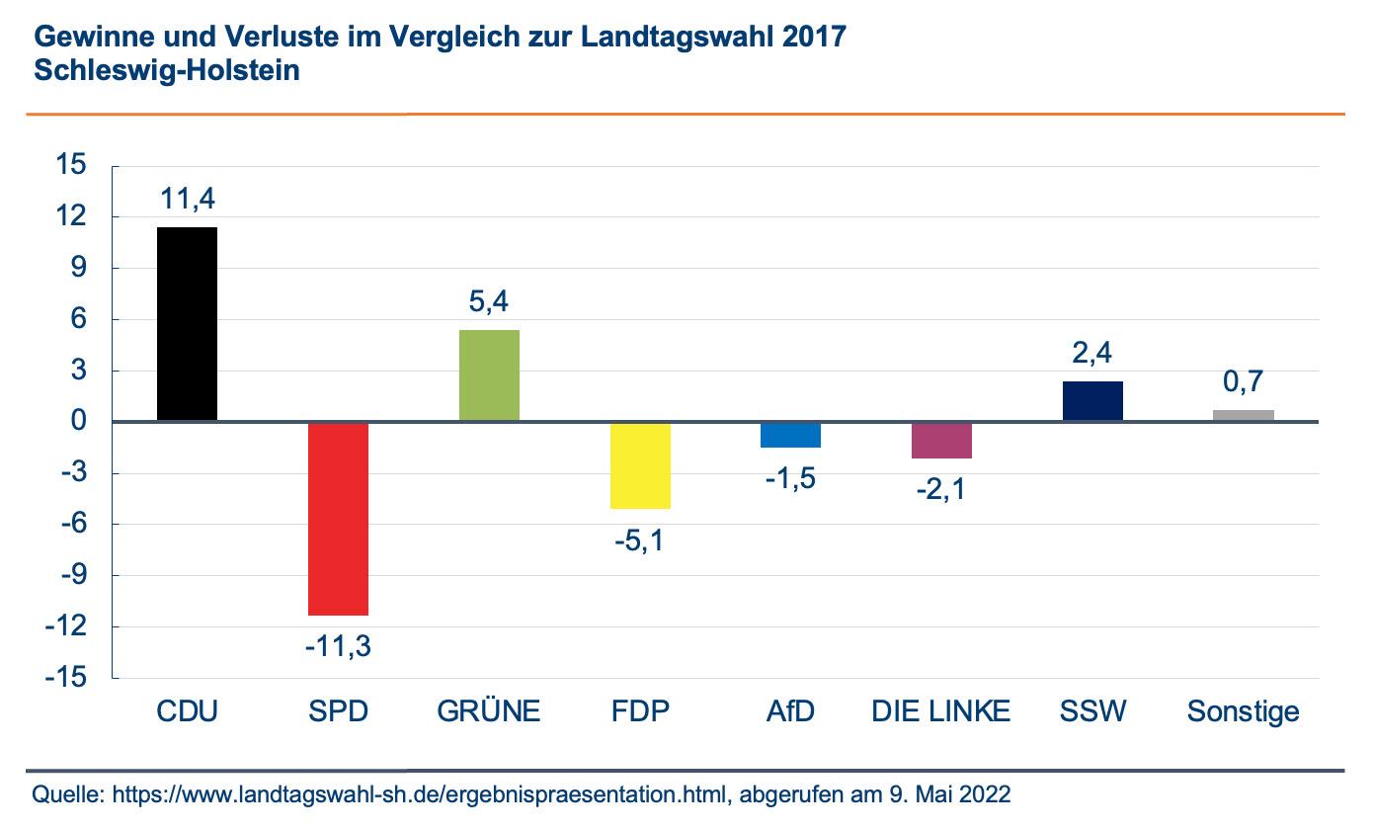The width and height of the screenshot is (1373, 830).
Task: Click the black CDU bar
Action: click(188, 324)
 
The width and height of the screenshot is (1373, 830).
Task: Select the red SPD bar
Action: click(338, 519)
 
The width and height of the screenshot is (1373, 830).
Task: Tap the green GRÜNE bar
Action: click(489, 375)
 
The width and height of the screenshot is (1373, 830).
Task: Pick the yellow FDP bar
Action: click(640, 465)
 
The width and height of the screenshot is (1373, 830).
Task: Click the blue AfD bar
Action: click(791, 436)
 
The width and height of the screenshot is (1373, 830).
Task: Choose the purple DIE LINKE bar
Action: click(941, 441)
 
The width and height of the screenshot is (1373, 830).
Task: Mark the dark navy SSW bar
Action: click(1092, 401)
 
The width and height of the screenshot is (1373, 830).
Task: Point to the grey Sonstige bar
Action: click(1244, 416)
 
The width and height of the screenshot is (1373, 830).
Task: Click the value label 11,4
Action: click(187, 200)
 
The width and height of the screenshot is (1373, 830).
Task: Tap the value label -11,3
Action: click(338, 646)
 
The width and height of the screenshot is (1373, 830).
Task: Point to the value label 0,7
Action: click(1243, 381)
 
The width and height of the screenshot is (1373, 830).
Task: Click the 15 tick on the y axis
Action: click(72, 165)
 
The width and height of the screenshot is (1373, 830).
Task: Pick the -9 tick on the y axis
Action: click(72, 575)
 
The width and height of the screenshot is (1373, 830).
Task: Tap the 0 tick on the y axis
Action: click(80, 422)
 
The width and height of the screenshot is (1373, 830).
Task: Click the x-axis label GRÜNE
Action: click(489, 711)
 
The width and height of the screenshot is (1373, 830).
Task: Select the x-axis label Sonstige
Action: click(1243, 711)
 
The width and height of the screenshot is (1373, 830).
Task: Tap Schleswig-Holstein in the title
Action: click(167, 71)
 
